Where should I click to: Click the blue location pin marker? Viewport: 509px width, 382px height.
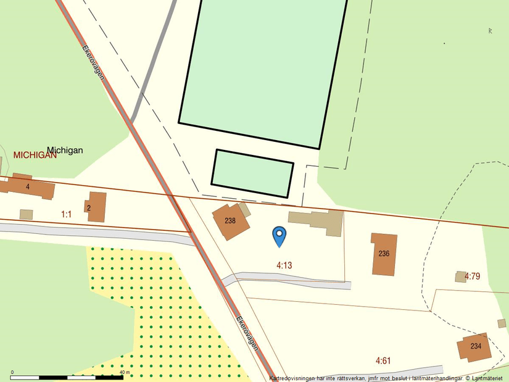click(x=279, y=235)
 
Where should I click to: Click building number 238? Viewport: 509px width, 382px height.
click(x=231, y=221)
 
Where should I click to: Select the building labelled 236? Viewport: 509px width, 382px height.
click(x=384, y=254)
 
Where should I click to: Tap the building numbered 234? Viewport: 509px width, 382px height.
click(x=475, y=346)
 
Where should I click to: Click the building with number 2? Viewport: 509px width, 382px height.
click(x=96, y=207)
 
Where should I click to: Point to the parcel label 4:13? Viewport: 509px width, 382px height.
click(x=284, y=265)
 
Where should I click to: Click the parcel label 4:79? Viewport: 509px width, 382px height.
click(x=472, y=276)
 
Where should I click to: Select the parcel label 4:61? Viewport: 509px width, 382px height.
click(x=383, y=360)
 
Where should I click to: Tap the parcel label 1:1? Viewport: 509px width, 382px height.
click(x=66, y=214)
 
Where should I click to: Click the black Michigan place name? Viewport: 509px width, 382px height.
click(x=65, y=150)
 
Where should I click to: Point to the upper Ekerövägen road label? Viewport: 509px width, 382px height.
click(x=93, y=68)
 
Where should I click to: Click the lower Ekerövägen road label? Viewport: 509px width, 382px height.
click(x=247, y=333)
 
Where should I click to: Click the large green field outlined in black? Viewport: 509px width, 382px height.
click(x=263, y=68)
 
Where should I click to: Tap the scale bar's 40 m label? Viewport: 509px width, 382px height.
click(x=124, y=372)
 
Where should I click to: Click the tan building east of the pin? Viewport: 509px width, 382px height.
click(x=318, y=222)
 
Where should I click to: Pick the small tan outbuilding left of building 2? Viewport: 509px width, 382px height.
click(x=26, y=214)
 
